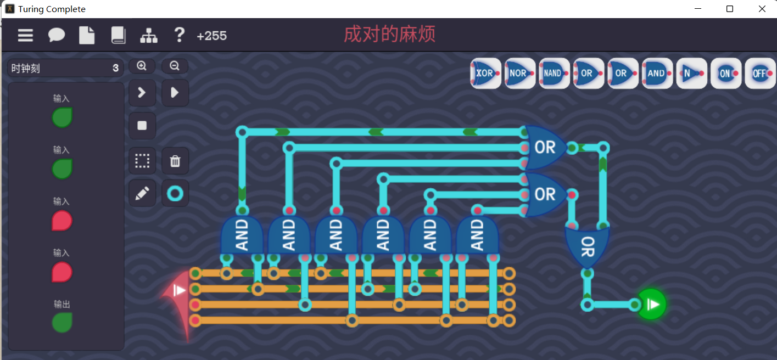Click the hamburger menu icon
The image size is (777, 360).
point(25,36)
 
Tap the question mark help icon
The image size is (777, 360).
point(179,35)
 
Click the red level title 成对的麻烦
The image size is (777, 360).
point(389,34)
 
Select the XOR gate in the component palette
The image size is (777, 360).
point(485,73)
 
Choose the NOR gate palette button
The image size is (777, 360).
point(519,73)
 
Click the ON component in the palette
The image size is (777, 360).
point(726,73)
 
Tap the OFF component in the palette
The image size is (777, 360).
point(760,73)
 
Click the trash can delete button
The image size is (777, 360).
point(175,161)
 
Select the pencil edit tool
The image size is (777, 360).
point(142,193)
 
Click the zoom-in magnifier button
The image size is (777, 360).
point(142,66)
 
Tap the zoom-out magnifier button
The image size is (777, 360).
point(175,66)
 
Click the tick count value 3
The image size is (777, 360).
point(115,69)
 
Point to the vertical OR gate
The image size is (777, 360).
point(587,247)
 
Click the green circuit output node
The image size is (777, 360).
point(651,304)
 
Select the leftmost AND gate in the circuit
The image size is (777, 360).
point(242,235)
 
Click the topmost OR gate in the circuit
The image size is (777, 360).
point(544,147)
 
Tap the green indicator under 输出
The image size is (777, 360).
point(62,322)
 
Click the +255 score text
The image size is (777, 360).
point(211,36)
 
